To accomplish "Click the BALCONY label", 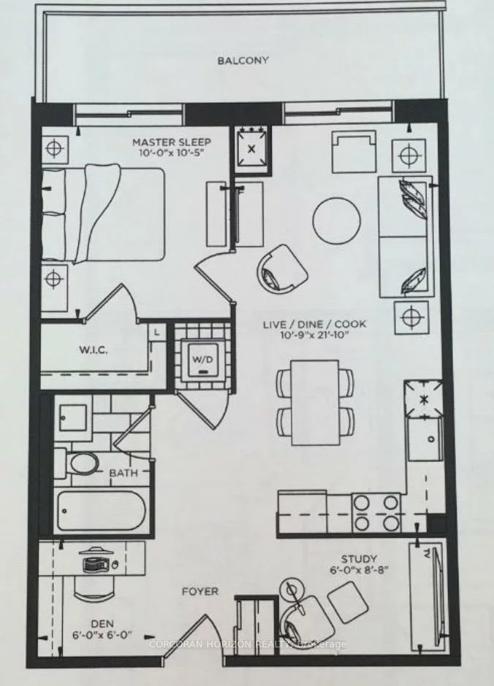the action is (243, 61).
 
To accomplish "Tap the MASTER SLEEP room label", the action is (172, 142).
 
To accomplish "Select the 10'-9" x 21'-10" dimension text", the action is (313, 336).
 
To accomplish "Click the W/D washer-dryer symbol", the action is (203, 360).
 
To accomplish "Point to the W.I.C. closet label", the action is (94, 350).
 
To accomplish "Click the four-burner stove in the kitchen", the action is (376, 512).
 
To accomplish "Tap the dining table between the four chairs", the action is (315, 403).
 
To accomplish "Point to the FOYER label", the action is (199, 592).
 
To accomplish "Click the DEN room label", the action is (102, 623).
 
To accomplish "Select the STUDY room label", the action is (359, 559).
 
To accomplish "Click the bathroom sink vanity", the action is (73, 418).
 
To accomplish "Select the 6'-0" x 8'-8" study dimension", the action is (359, 571).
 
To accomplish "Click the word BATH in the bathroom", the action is (123, 473).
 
